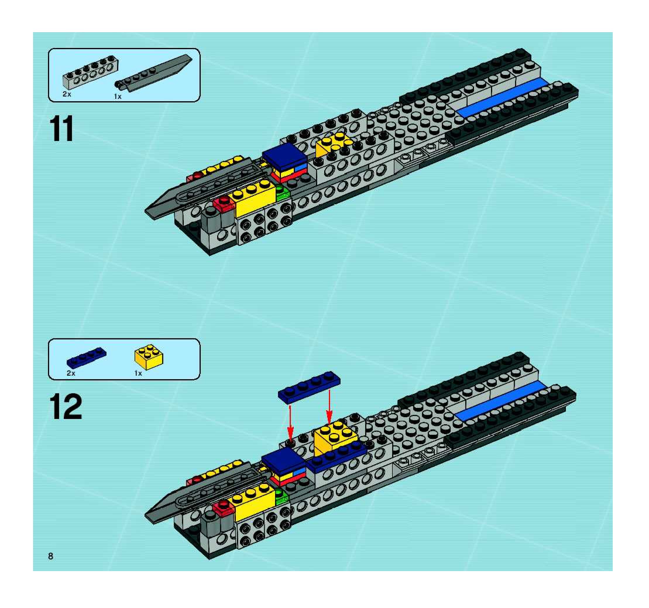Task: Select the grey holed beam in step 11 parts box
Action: (90, 71)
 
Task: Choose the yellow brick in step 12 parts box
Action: (149, 357)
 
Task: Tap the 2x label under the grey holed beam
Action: (67, 94)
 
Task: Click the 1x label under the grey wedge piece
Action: (118, 97)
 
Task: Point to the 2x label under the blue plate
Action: (71, 373)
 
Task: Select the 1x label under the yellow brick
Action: (138, 373)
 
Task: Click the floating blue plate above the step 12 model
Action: (309, 387)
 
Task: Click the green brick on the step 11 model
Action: (282, 193)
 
